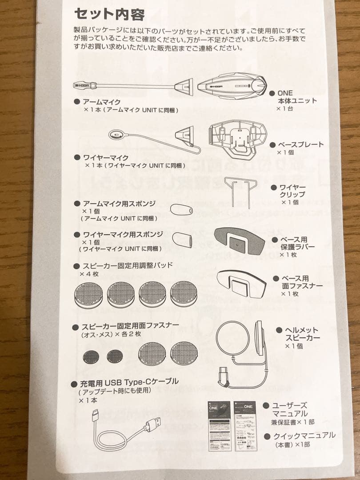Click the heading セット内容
pyautogui.click(x=109, y=14)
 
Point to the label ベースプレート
pyautogui.click(x=300, y=145)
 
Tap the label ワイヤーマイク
pyautogui.click(x=100, y=157)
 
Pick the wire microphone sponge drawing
pyautogui.click(x=182, y=240)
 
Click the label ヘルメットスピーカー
pyautogui.click(x=302, y=334)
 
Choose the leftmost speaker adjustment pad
pyautogui.click(x=88, y=294)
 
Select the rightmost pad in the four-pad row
pyautogui.click(x=184, y=294)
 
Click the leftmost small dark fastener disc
pyautogui.click(x=91, y=356)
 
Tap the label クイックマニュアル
pyautogui.click(x=304, y=436)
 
